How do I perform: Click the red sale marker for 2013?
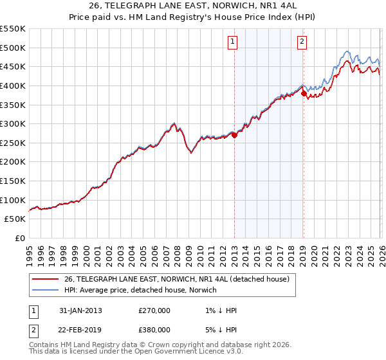(x=234, y=135)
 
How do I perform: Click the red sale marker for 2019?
(x=304, y=93)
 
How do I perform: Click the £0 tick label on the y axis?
(x=19, y=238)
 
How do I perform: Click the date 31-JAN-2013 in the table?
(x=80, y=310)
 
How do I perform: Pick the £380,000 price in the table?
(x=154, y=330)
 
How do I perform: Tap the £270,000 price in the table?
(x=154, y=310)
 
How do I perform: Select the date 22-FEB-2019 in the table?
(x=80, y=330)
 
